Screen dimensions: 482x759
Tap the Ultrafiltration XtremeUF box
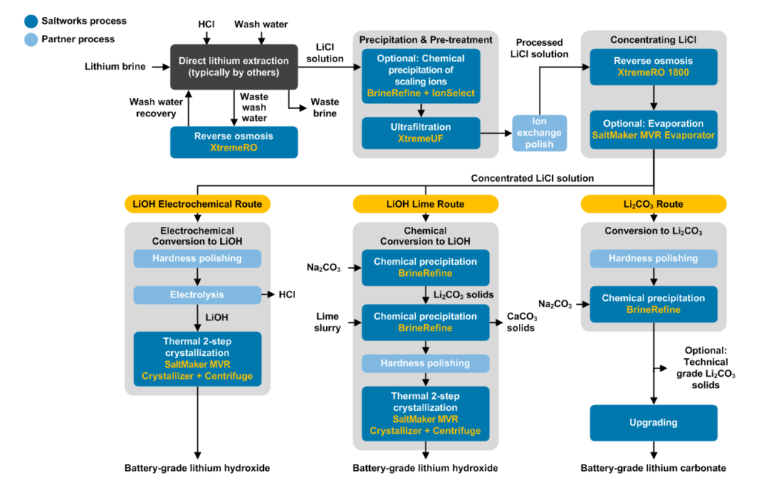[x=420, y=133]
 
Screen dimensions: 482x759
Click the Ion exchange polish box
[x=540, y=133]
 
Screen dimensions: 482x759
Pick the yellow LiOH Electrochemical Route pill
[x=196, y=204]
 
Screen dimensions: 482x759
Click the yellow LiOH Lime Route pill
[x=425, y=204]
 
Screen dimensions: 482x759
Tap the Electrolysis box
[x=196, y=294]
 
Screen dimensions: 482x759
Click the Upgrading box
[x=653, y=422]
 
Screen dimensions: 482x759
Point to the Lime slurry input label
[x=326, y=322]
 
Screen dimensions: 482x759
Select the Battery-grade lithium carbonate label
[x=653, y=468]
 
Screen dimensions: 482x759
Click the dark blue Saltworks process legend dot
[x=12, y=21]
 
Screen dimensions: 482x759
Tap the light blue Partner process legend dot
[x=12, y=39]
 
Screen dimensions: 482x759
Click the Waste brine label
[x=324, y=108]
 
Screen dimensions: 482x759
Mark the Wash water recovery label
[x=153, y=108]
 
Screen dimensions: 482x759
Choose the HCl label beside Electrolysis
[x=286, y=294]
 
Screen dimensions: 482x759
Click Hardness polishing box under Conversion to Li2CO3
[x=653, y=259]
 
